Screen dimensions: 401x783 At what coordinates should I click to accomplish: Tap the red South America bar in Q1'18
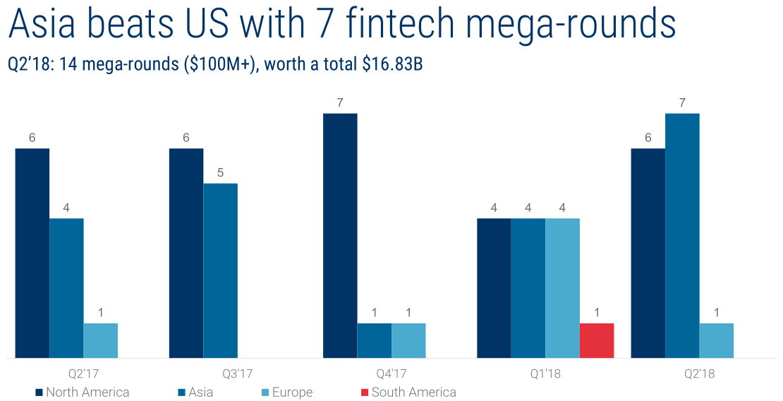(x=596, y=340)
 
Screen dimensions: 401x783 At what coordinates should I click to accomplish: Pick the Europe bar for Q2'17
(x=100, y=340)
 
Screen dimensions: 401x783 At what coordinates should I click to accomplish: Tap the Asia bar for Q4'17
(x=374, y=340)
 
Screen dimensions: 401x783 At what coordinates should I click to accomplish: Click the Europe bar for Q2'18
(x=716, y=340)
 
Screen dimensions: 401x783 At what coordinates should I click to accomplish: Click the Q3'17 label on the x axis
(x=237, y=373)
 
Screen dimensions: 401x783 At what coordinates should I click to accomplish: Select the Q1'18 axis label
(x=545, y=373)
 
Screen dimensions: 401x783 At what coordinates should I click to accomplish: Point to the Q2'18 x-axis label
(x=699, y=373)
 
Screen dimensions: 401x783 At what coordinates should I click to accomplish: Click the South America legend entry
(x=413, y=393)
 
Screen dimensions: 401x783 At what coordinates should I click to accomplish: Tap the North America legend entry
(x=87, y=393)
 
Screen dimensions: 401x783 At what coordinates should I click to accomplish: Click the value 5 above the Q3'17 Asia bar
(x=220, y=172)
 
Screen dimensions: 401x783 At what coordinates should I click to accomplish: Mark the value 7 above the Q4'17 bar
(x=340, y=102)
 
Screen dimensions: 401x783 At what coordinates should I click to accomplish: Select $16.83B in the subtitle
(x=392, y=64)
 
